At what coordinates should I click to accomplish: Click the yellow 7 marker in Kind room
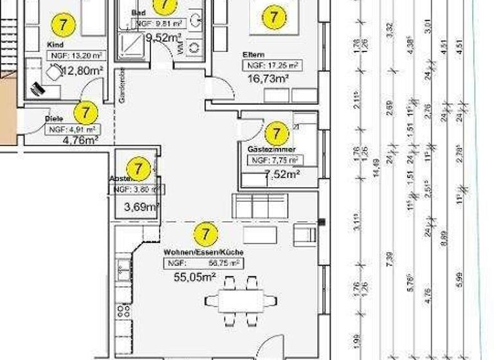pos(63,25)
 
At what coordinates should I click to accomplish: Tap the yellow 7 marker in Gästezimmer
pos(277,134)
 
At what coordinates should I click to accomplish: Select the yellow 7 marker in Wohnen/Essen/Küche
pos(206,232)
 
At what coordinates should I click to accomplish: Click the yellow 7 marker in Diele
pos(85,113)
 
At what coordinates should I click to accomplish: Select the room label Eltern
pos(254,55)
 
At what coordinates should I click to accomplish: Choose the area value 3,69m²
pos(141,206)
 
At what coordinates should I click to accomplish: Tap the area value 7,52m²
pos(282,173)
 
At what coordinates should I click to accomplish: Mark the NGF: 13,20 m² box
pos(76,55)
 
